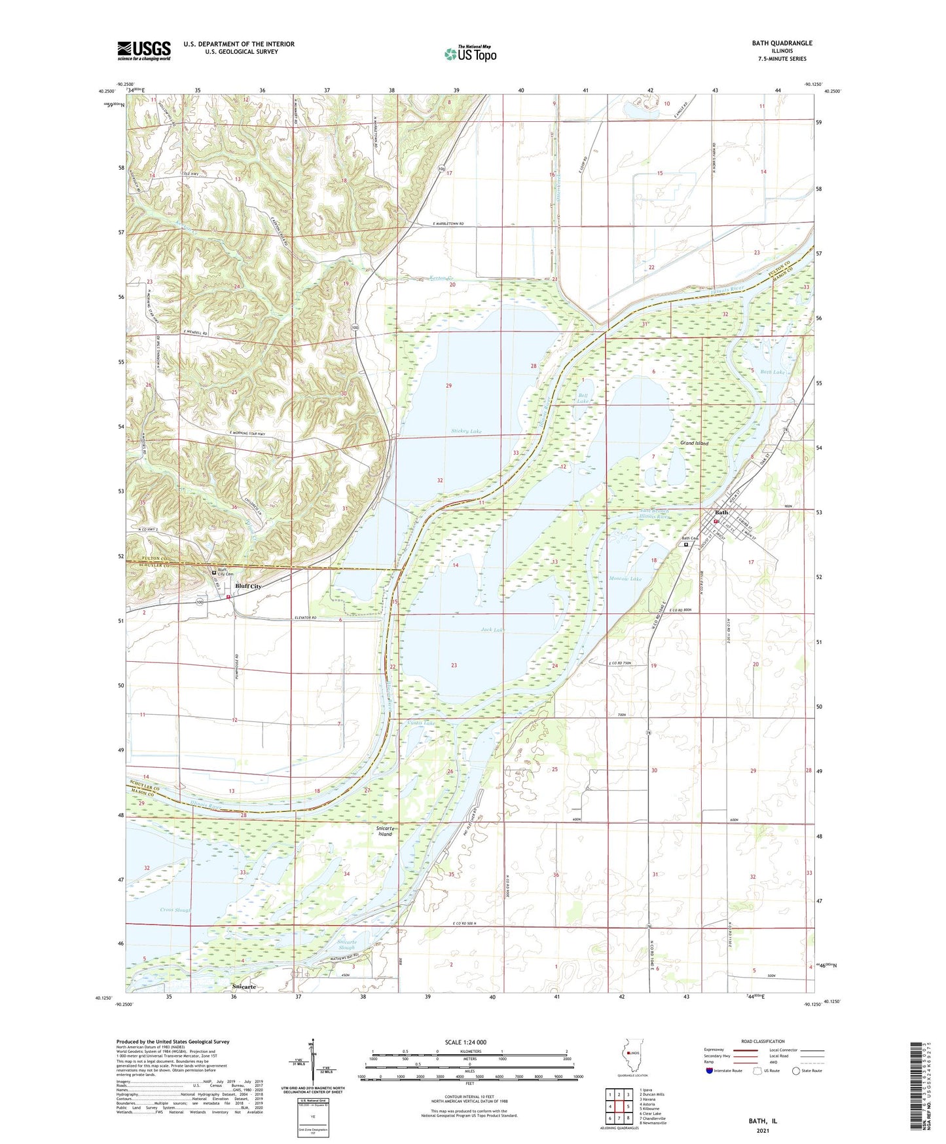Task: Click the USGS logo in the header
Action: point(144,50)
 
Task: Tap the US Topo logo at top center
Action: point(470,54)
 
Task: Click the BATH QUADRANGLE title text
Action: point(782,43)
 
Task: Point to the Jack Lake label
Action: point(492,630)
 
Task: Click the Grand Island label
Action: point(694,444)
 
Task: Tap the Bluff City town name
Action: point(248,587)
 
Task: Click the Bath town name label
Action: point(721,512)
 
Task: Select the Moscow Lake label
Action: point(625,579)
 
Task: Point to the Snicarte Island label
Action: point(385,831)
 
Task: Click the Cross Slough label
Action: point(175,910)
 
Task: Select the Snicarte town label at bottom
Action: point(243,986)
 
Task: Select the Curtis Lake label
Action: point(421,723)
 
